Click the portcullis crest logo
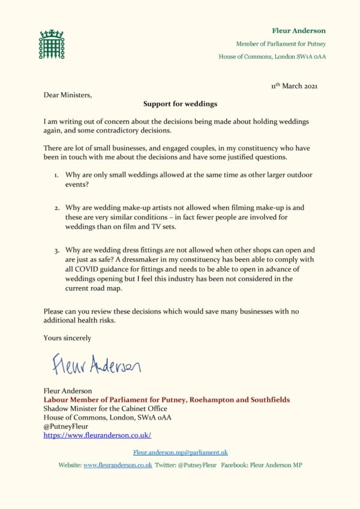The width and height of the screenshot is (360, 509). [x=51, y=44]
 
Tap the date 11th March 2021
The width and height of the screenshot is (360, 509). [x=294, y=86]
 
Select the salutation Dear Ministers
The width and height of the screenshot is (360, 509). [x=68, y=94]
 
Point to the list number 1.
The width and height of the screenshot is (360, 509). [x=56, y=174]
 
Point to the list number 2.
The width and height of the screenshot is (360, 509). [x=56, y=207]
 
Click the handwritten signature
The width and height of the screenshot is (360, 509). [x=96, y=364]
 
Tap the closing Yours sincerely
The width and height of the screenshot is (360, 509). [x=67, y=338]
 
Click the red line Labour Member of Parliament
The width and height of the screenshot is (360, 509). [x=167, y=399]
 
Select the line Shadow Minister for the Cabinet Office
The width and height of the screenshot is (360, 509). [x=105, y=408]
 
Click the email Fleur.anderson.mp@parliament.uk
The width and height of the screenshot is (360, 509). [x=180, y=453]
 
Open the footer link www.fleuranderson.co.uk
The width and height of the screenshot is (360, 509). [x=117, y=465]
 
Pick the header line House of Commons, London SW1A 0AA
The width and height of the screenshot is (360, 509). [x=268, y=57]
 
